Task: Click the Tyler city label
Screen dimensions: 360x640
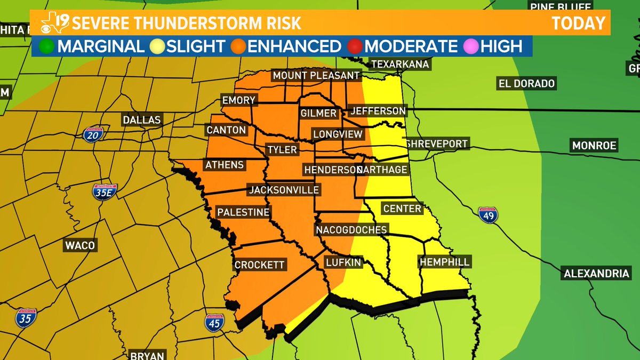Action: [x=282, y=149]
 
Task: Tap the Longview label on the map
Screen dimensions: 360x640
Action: [x=337, y=134]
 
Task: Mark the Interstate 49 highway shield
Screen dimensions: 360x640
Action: [x=488, y=214]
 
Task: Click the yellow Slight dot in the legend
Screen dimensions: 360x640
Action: [x=158, y=46]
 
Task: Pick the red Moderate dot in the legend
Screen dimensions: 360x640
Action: [x=355, y=46]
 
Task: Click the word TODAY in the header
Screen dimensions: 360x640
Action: [x=578, y=23]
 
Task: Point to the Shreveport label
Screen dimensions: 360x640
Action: [x=436, y=143]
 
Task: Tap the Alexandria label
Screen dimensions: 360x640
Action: [x=596, y=274]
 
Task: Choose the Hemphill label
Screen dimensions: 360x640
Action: [x=444, y=262]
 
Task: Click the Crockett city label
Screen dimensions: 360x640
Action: [x=259, y=265]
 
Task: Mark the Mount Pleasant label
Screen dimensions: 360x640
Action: [x=316, y=76]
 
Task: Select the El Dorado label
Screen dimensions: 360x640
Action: [x=526, y=83]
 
